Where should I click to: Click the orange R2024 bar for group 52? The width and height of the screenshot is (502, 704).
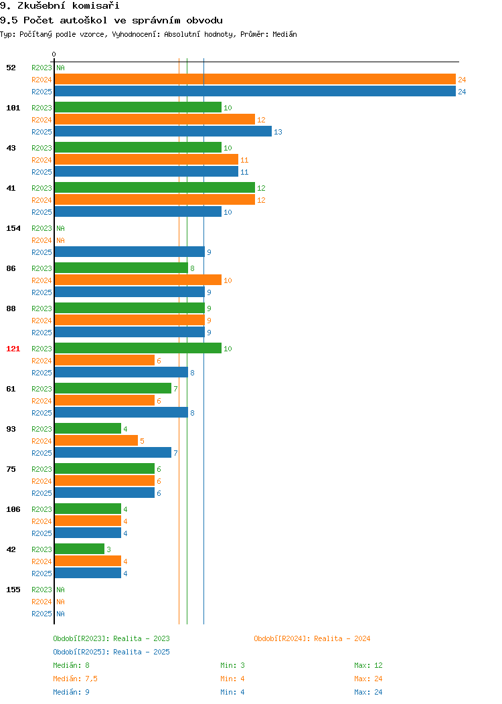click(x=255, y=80)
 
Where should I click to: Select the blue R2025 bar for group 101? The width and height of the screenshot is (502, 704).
click(x=163, y=132)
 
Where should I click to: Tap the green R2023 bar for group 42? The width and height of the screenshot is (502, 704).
click(x=80, y=549)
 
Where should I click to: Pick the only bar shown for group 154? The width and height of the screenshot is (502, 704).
click(x=130, y=252)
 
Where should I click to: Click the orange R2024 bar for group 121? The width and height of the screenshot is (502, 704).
click(x=104, y=361)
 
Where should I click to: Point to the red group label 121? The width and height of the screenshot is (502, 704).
click(x=13, y=349)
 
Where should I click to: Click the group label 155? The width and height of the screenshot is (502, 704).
click(x=13, y=590)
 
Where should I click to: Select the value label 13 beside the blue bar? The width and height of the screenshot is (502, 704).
click(x=278, y=132)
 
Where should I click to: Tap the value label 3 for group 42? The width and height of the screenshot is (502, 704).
click(x=108, y=549)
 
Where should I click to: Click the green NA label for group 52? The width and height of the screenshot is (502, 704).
click(x=61, y=68)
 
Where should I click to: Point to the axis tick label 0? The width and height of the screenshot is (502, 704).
click(x=54, y=54)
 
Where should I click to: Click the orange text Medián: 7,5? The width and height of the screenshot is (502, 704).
click(x=75, y=679)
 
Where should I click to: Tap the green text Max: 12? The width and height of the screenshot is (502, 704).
click(x=368, y=665)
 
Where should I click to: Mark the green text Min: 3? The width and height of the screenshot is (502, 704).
click(x=232, y=665)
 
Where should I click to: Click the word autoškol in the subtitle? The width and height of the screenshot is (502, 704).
click(x=84, y=20)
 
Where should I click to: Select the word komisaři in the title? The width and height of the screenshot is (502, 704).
click(x=96, y=5)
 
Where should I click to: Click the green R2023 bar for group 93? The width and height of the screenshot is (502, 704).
click(x=88, y=429)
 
